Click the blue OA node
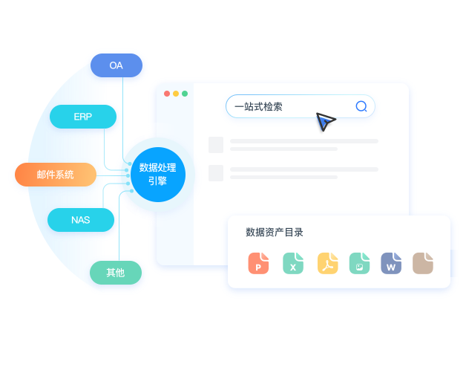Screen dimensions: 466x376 click(x=116, y=65)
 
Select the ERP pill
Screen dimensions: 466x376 click(x=83, y=117)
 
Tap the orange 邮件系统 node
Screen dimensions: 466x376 click(x=56, y=175)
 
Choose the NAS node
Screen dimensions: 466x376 click(x=81, y=220)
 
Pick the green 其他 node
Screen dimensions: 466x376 click(x=116, y=273)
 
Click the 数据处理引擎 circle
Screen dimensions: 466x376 click(x=158, y=175)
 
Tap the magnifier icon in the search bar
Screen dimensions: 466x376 click(x=361, y=106)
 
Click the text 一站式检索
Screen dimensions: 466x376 click(x=258, y=106)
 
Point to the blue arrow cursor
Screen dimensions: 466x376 click(x=325, y=121)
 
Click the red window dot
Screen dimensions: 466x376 click(x=167, y=94)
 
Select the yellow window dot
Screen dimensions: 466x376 click(x=176, y=94)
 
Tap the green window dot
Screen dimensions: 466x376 click(x=185, y=94)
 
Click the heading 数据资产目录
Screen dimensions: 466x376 click(x=275, y=232)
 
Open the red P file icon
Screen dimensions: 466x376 click(x=258, y=263)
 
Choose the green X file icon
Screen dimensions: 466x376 click(x=293, y=263)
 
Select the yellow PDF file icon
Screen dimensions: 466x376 click(x=328, y=263)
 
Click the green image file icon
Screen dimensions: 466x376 click(x=360, y=263)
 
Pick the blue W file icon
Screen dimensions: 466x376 click(x=391, y=263)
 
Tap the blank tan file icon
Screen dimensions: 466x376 click(x=423, y=263)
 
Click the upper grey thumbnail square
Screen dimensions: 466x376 click(x=216, y=145)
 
